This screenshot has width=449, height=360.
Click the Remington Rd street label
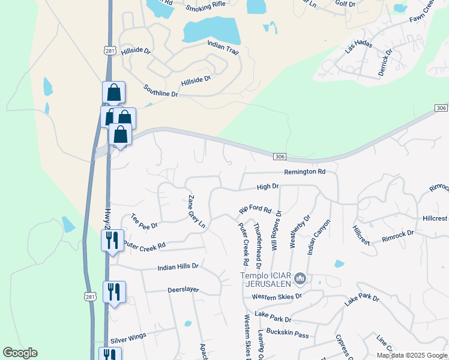pyautogui.click(x=304, y=172)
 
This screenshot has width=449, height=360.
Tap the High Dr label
pyautogui.click(x=268, y=187)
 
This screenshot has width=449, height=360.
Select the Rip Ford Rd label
pyautogui.click(x=256, y=211)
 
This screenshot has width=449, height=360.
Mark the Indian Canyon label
pyautogui.click(x=319, y=237)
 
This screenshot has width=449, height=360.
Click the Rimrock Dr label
pyautogui.click(x=398, y=236)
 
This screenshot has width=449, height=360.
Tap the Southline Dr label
pyautogui.click(x=161, y=91)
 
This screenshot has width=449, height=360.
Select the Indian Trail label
pyautogui.click(x=223, y=47)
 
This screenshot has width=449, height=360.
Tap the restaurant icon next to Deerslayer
pyautogui.click(x=114, y=292)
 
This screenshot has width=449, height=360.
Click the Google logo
pyautogui.click(x=20, y=353)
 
